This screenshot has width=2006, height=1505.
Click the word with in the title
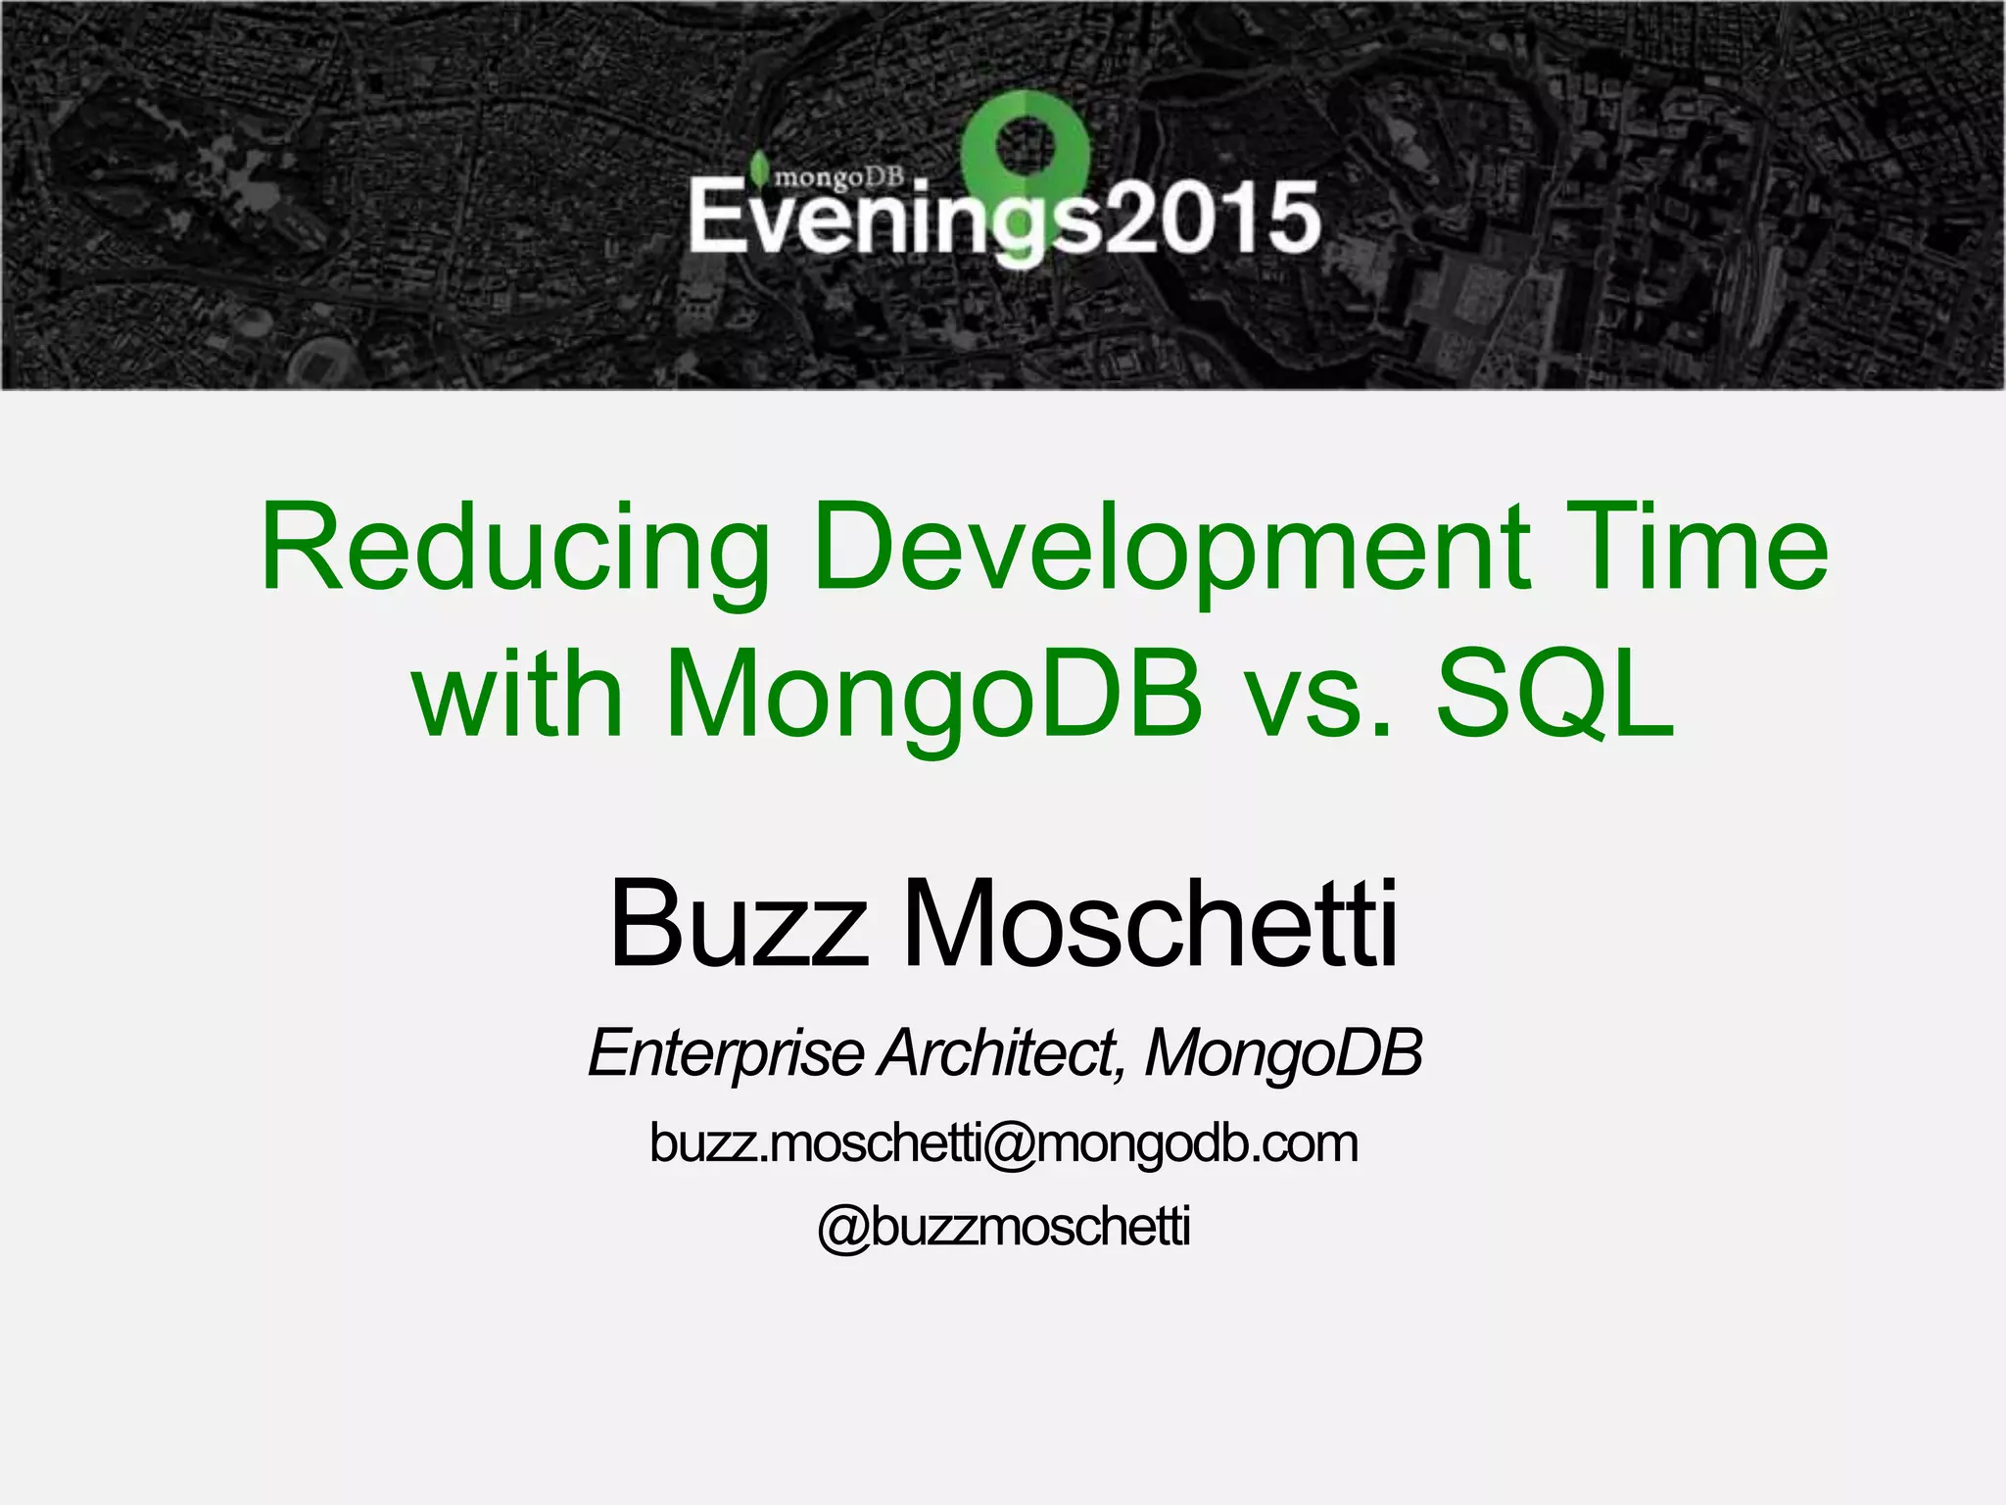click(519, 693)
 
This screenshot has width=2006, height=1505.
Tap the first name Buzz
click(739, 924)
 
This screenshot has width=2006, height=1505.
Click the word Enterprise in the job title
click(726, 1053)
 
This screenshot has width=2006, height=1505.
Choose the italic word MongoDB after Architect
click(1283, 1053)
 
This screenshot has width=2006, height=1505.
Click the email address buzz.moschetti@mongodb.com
click(1003, 1143)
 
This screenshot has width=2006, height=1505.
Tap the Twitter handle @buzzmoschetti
click(1003, 1227)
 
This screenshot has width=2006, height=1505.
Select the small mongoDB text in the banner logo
click(838, 176)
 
